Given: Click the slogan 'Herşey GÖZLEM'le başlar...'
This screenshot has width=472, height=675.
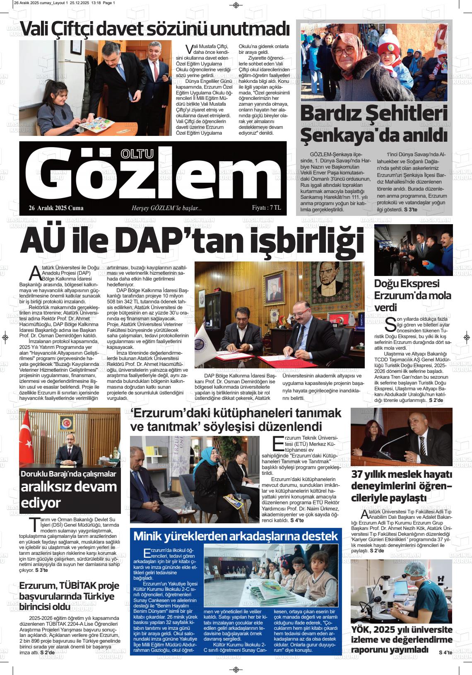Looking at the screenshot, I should pos(166,208).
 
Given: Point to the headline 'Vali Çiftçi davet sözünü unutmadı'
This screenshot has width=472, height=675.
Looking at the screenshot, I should pos(154,29).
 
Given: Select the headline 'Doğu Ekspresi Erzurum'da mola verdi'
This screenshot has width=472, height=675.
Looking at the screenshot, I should pos(412,295).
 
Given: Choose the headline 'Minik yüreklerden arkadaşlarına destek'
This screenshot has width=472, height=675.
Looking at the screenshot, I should pos(236,536).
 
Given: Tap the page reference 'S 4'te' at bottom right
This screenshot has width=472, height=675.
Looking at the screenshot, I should pos(446,653).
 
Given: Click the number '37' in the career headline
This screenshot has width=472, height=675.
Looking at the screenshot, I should pos(358,474).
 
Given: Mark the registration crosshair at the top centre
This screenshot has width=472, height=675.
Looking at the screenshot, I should pos(236,5).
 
